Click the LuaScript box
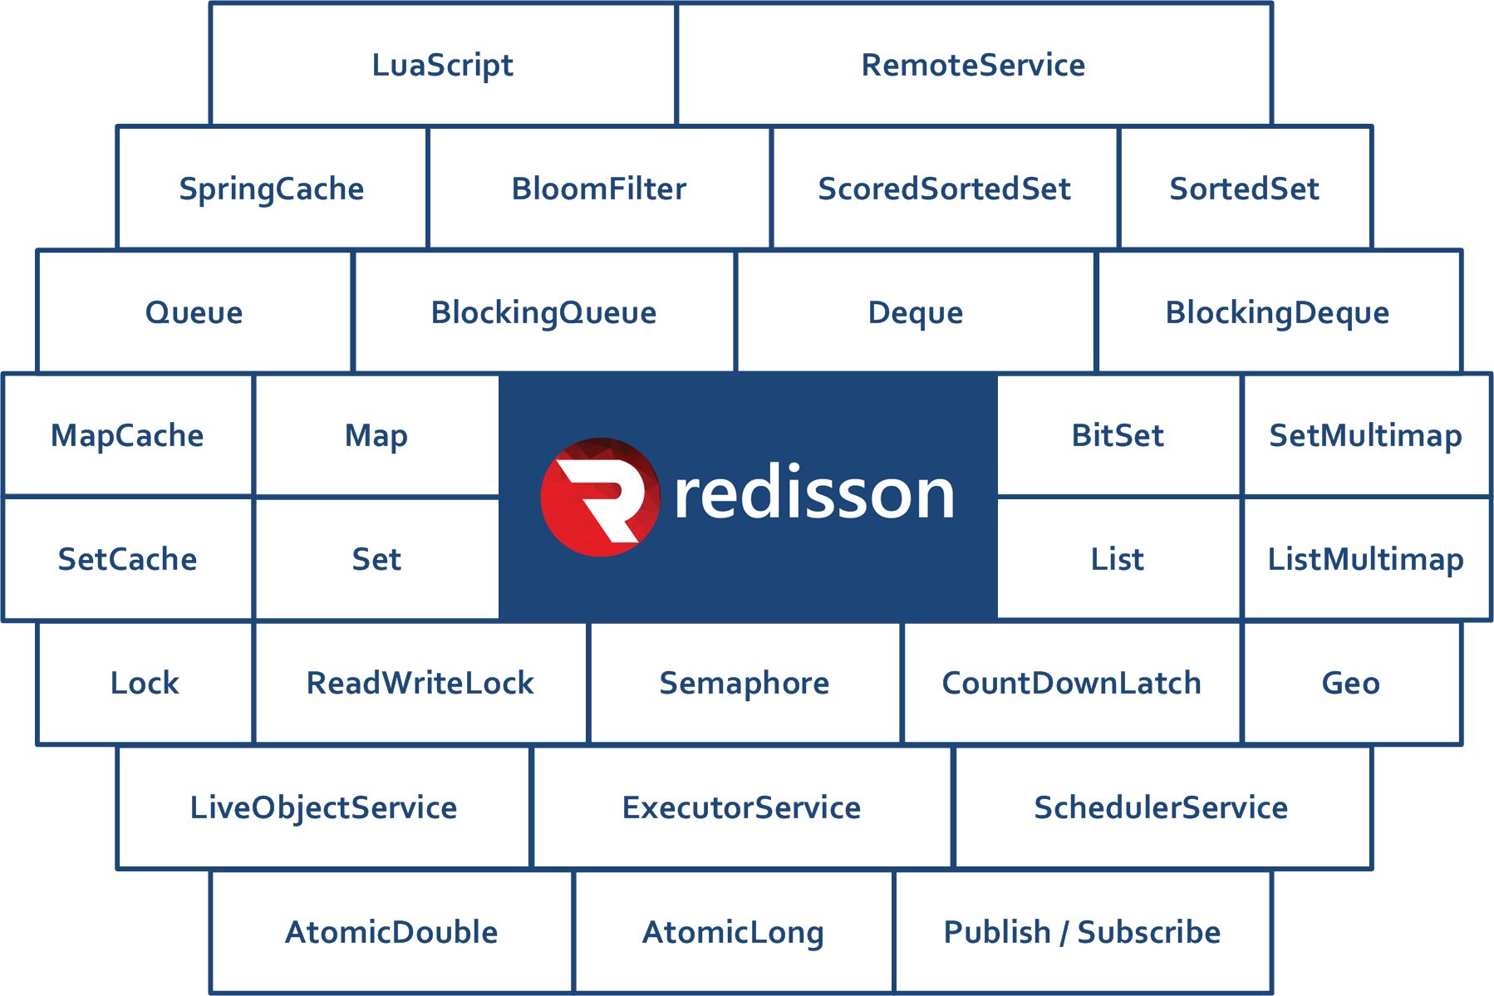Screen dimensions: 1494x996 click(443, 64)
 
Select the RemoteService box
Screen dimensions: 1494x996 click(974, 64)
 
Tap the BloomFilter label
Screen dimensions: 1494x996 click(599, 189)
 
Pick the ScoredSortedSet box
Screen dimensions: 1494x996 click(945, 188)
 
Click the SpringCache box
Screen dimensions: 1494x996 click(272, 188)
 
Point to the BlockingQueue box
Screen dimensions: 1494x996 click(544, 312)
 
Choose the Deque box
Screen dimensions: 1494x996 click(916, 312)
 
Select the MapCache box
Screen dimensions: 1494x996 click(127, 435)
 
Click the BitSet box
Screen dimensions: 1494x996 click(1118, 435)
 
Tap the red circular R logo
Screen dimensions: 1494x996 click(600, 497)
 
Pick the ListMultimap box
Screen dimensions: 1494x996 click(1367, 558)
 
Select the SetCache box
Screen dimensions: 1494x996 click(127, 558)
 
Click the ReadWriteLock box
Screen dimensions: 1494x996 click(420, 683)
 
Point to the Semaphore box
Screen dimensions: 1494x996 click(745, 683)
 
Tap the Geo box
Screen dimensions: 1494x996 click(1351, 683)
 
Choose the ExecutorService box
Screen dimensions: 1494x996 click(742, 807)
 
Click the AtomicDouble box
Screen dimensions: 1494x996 click(391, 931)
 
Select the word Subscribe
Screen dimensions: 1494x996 click(1149, 932)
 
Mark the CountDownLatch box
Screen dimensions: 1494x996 click(1072, 683)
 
